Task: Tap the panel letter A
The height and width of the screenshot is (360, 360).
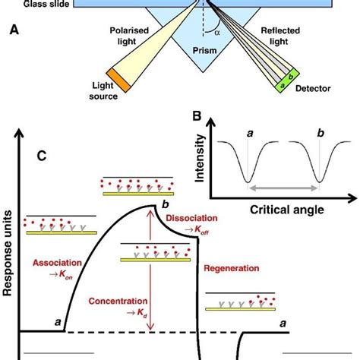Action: [x=13, y=30]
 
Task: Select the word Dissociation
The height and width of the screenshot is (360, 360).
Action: [x=191, y=216]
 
